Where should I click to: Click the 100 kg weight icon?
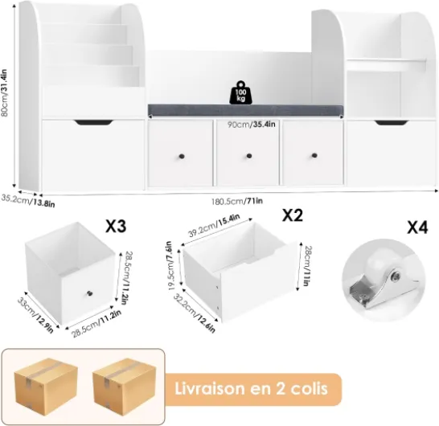(x=240, y=92)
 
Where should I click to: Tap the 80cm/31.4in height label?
(x=4, y=93)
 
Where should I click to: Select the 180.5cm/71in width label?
(x=237, y=201)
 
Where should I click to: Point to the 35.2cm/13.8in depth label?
(x=28, y=200)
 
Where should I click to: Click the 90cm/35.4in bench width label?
(x=251, y=124)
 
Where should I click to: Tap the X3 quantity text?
(x=116, y=226)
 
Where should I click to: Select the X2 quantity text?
(x=293, y=215)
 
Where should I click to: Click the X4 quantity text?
(x=417, y=227)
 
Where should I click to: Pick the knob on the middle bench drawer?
(x=249, y=156)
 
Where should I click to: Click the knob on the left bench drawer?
(x=182, y=156)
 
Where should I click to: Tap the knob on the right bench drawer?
(x=314, y=155)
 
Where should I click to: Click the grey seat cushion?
(x=245, y=109)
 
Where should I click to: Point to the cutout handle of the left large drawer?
(x=94, y=122)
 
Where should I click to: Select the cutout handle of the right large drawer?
(x=392, y=123)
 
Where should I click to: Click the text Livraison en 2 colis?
(x=251, y=389)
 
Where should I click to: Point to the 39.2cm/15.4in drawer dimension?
(x=214, y=225)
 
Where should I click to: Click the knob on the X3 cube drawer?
(x=90, y=293)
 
